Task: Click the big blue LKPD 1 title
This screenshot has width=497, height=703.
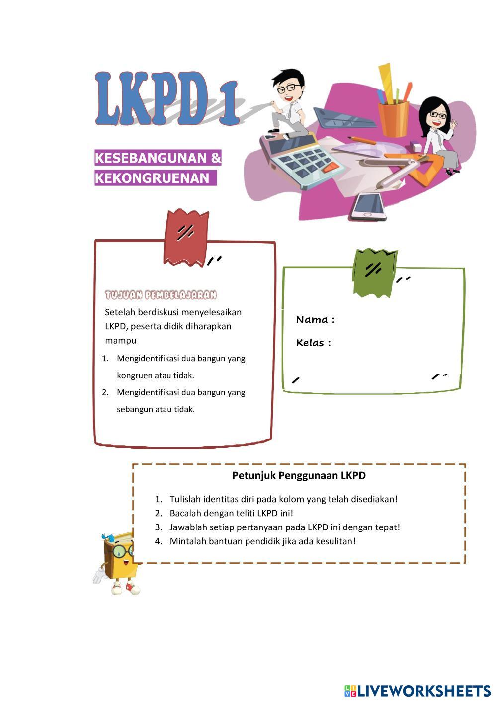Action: (x=166, y=98)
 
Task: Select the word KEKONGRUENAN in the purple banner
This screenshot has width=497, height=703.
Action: (x=152, y=178)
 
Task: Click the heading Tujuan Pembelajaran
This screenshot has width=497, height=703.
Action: (x=161, y=295)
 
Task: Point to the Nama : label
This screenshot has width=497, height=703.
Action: (x=315, y=320)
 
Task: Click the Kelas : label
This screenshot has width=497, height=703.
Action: (x=313, y=343)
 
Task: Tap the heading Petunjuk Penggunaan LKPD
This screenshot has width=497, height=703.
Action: (x=299, y=475)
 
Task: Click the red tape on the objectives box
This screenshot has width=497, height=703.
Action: (x=186, y=237)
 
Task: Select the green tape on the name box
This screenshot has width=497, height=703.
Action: (x=374, y=272)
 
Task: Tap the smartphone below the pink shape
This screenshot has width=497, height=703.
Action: (x=368, y=206)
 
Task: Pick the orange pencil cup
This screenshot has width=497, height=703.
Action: (x=393, y=118)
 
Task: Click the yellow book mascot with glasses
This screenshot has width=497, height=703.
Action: (x=118, y=562)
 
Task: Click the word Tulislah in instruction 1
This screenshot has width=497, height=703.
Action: (x=185, y=499)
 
